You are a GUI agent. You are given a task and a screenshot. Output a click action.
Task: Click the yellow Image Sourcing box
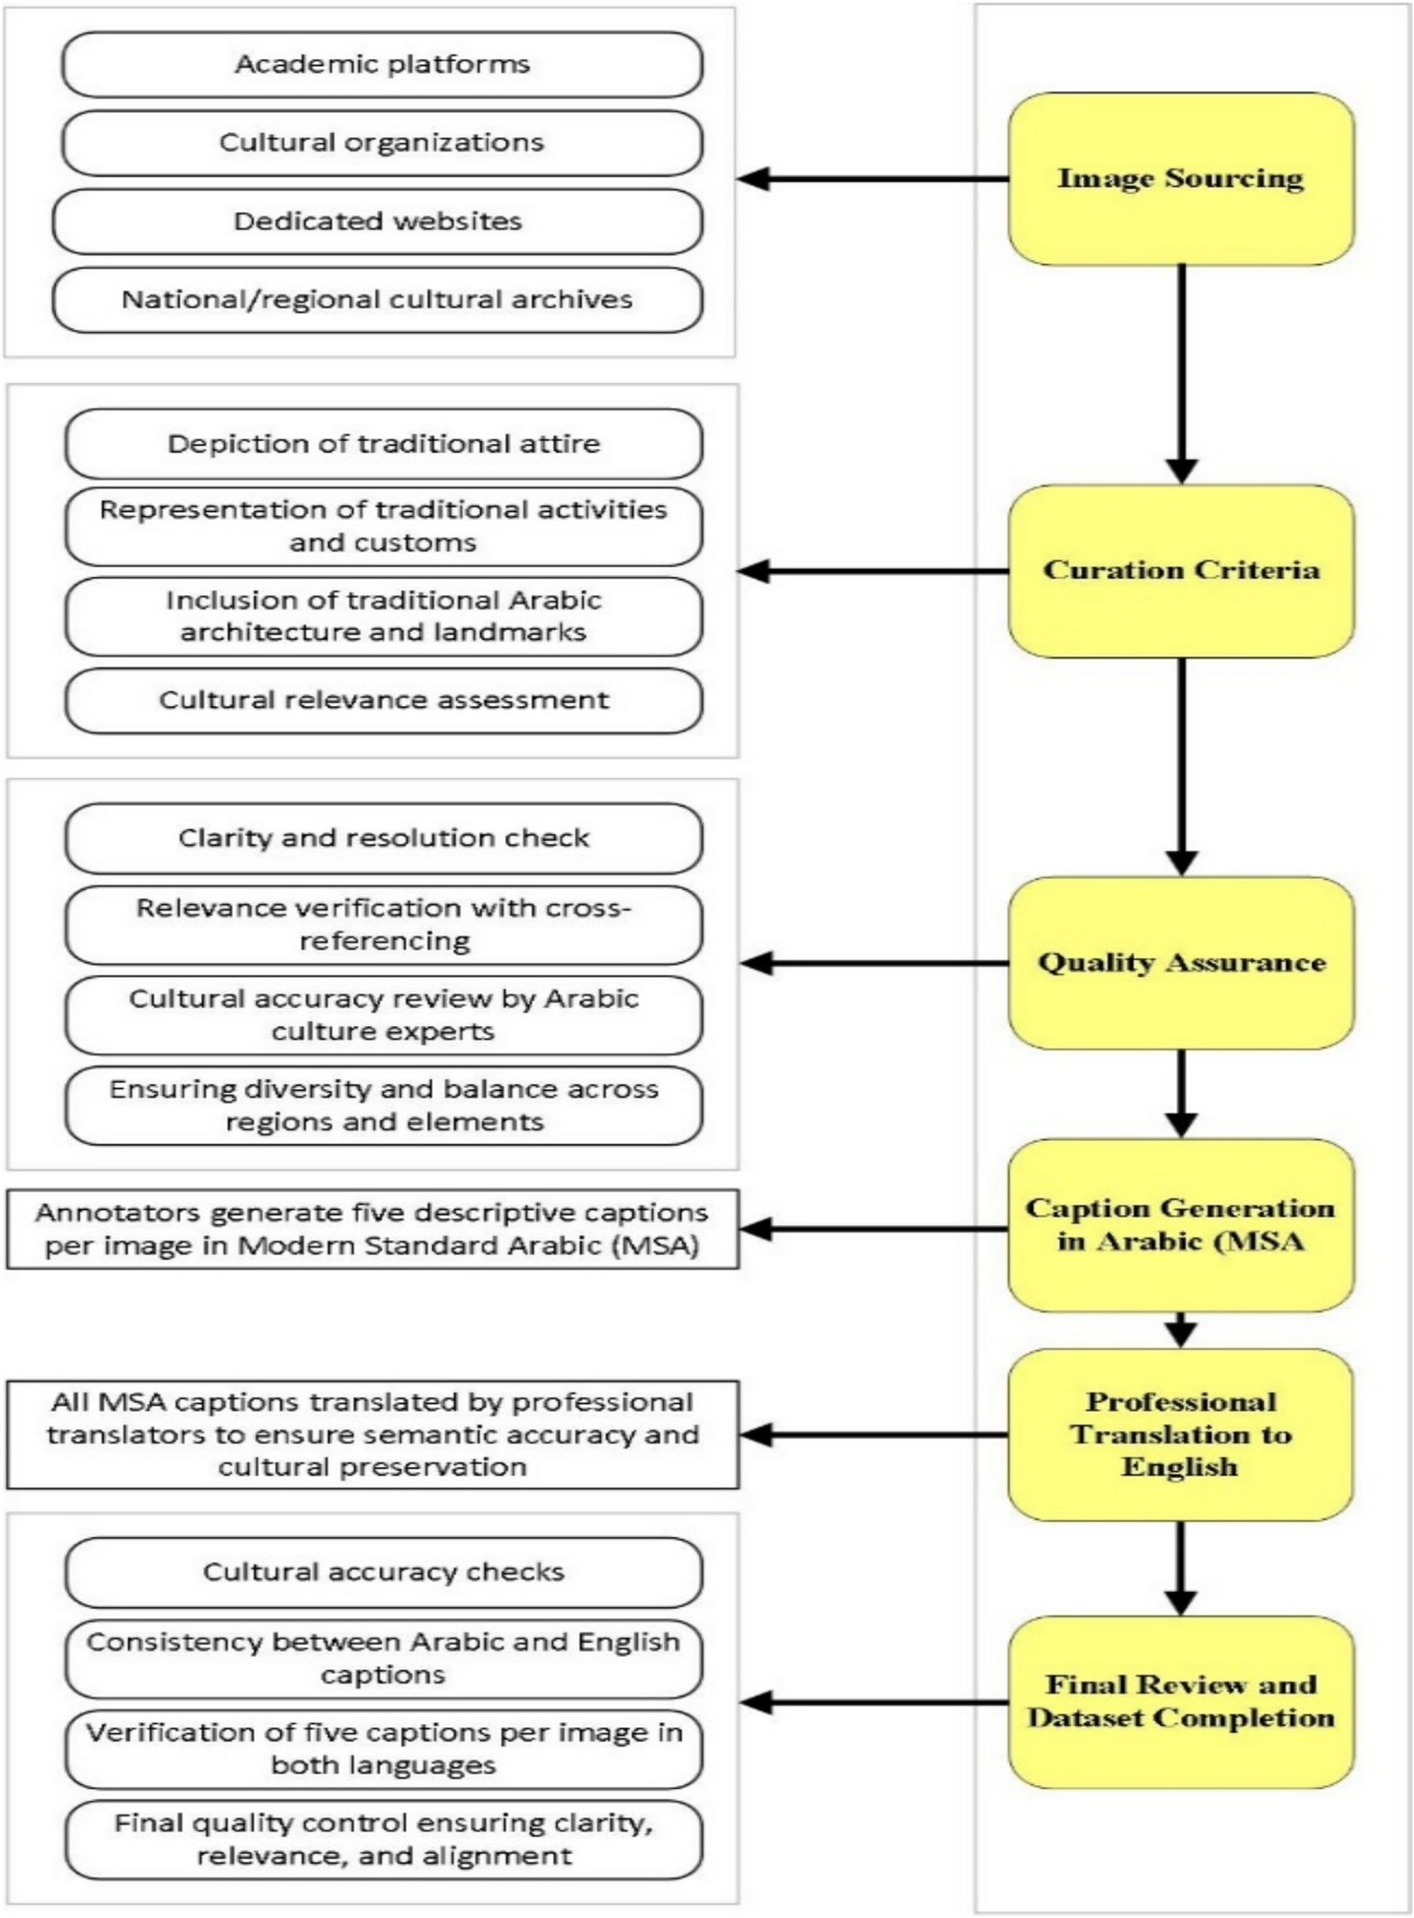point(1181,178)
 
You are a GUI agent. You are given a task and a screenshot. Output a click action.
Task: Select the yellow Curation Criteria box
point(1181,570)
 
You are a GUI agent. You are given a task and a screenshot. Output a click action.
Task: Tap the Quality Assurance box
point(1181,963)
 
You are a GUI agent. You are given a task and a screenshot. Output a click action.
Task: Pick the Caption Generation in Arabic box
point(1181,1225)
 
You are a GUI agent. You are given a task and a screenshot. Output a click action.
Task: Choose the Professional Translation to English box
point(1181,1434)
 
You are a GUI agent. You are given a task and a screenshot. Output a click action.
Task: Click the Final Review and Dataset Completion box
point(1181,1702)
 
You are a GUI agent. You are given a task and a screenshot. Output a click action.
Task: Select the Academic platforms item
point(382,64)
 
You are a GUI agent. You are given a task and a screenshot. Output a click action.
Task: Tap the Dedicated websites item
point(377,222)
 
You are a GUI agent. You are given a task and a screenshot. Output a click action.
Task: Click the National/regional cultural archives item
point(377,300)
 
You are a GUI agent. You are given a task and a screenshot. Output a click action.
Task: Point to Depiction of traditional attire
point(383,444)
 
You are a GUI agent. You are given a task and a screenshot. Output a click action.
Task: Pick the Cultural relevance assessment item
point(383,701)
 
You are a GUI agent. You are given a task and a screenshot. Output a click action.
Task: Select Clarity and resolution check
point(383,838)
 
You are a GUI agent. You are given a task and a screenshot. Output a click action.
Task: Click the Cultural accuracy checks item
point(383,1572)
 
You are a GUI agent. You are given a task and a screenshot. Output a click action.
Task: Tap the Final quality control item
point(383,1839)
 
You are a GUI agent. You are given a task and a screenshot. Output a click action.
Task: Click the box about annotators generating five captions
point(372,1229)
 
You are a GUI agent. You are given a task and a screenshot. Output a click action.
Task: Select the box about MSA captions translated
point(372,1434)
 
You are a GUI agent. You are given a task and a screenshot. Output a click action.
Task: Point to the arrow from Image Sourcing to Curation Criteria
point(1181,372)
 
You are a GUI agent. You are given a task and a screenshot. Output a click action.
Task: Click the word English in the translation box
point(1179,1467)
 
